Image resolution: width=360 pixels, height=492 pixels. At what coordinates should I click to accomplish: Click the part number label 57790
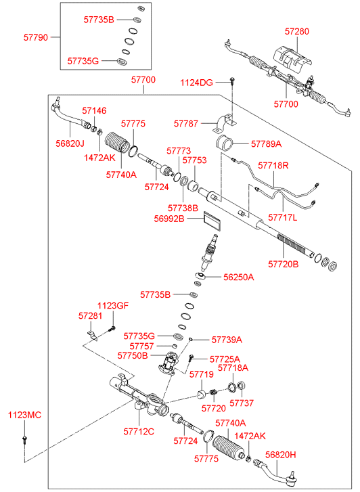[36, 37]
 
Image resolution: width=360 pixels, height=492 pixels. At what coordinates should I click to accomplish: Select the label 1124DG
[196, 83]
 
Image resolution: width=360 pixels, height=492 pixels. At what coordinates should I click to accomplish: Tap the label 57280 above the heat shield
[297, 31]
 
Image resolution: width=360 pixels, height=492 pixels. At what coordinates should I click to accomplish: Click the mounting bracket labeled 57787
[225, 124]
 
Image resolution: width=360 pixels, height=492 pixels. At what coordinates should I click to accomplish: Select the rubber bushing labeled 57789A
[225, 143]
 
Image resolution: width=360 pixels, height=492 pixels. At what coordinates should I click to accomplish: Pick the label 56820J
[70, 143]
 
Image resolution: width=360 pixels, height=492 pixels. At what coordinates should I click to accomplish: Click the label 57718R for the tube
[273, 165]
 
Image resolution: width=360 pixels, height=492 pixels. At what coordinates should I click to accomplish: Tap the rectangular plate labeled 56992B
[212, 221]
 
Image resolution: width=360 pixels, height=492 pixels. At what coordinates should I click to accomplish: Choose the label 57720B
[283, 264]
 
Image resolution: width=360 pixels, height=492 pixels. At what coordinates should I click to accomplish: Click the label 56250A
[239, 277]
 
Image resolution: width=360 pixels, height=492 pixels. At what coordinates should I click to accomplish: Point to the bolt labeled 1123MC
[24, 440]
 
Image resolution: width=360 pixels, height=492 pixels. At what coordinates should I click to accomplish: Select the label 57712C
[139, 432]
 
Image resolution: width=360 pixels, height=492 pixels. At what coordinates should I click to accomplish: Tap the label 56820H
[281, 455]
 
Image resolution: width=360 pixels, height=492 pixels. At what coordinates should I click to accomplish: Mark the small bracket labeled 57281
[92, 335]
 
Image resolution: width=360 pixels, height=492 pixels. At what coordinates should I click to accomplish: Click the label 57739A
[227, 340]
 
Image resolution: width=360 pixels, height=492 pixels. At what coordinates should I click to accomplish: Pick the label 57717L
[282, 217]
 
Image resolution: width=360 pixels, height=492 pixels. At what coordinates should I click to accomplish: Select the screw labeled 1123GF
[112, 329]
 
